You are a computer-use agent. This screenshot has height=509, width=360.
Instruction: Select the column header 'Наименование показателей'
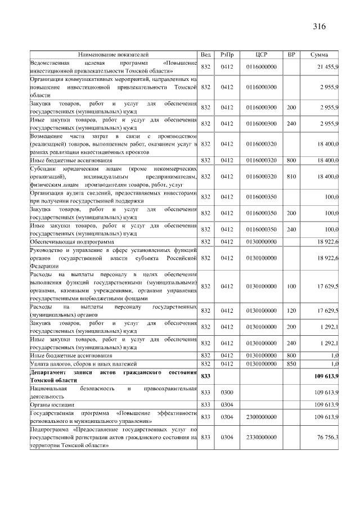tap(114, 55)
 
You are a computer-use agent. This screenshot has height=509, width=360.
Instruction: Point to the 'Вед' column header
tap(205, 55)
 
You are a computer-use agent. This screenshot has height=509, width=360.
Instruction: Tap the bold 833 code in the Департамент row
tap(205, 376)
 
